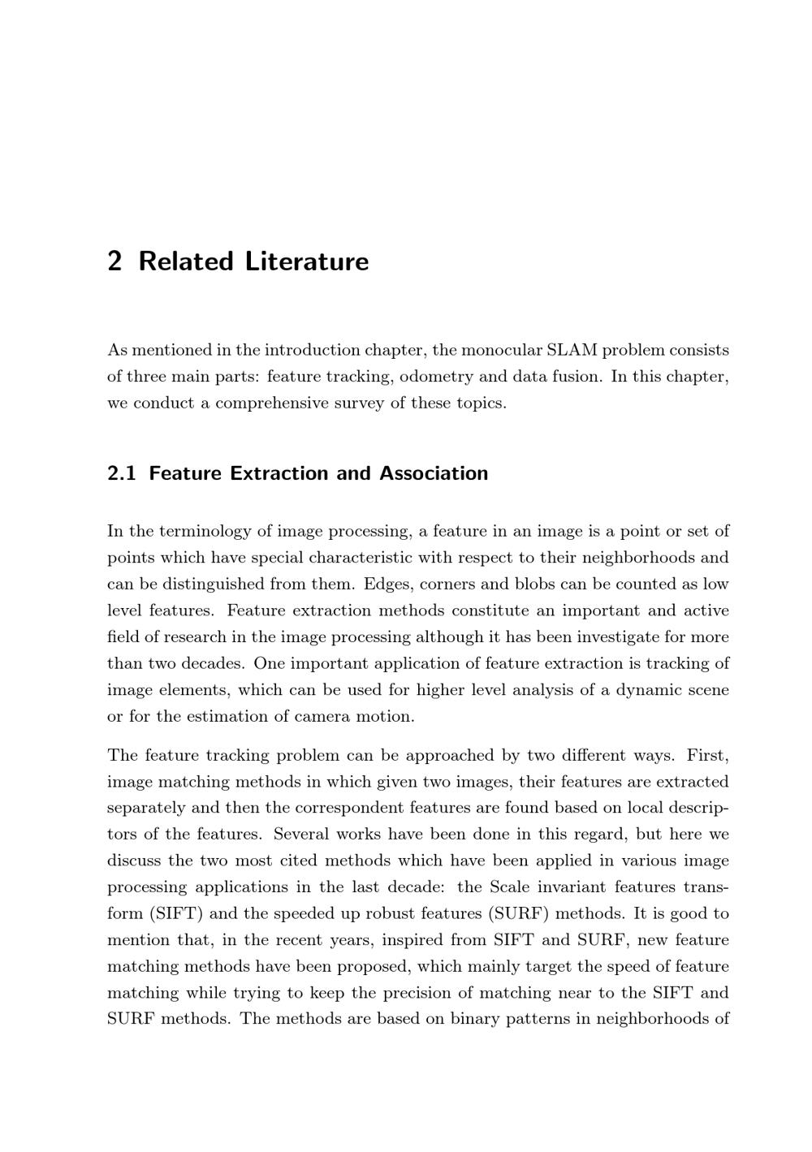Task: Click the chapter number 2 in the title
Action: click(x=114, y=261)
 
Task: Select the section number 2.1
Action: click(x=122, y=473)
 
